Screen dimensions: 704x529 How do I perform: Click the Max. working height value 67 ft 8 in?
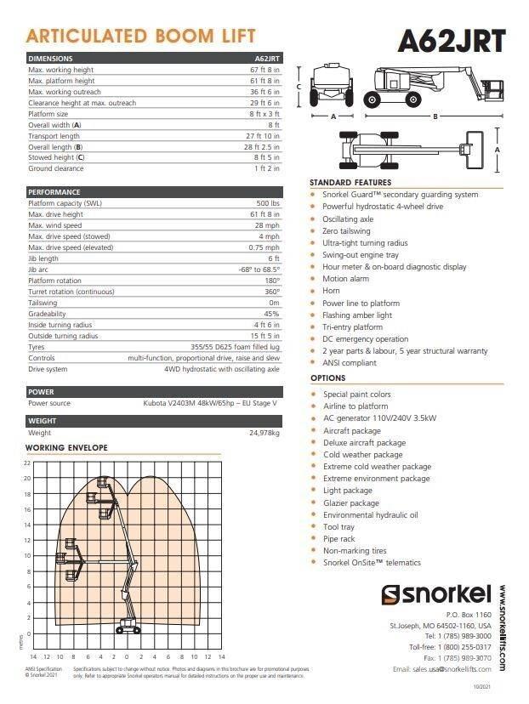pos(264,70)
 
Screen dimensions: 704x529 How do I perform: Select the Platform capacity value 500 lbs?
pos(268,204)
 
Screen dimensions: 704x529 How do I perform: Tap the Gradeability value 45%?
pos(271,313)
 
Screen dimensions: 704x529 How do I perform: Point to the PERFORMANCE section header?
pos(54,192)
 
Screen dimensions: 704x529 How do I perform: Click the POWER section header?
pos(42,392)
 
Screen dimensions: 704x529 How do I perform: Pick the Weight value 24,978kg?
pos(264,433)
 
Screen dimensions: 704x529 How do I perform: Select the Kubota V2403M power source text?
pos(210,403)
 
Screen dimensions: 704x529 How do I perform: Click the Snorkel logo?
pos(436,594)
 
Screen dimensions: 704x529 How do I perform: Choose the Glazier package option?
pos(350,502)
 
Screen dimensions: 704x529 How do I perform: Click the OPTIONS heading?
pos(327,378)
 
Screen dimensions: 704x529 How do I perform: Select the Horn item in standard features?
pos(331,291)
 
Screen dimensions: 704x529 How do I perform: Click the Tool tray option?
pos(338,527)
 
